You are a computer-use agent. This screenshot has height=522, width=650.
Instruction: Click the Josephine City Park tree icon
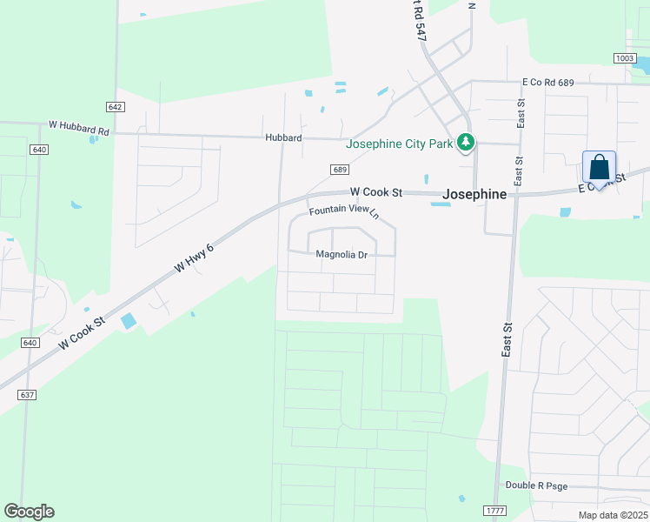pos(467,142)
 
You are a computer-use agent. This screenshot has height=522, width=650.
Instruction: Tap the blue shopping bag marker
pos(599,167)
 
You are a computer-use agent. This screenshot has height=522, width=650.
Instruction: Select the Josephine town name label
pos(474,195)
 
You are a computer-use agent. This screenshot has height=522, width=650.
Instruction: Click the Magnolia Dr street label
pos(342,255)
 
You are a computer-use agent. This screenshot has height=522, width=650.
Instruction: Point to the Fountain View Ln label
pos(345,211)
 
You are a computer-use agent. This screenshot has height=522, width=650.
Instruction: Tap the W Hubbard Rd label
pos(79,127)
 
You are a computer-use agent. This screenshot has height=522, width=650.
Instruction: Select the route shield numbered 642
pos(116,106)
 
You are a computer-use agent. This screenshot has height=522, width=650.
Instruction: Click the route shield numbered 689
pos(340,169)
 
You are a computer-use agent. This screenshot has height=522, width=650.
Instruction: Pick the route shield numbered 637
pos(27,395)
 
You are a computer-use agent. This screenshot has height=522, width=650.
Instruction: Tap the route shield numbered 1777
pos(494,510)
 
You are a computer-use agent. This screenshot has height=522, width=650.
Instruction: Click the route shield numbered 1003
pos(624,57)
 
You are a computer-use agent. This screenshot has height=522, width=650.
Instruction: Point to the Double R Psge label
pos(536,485)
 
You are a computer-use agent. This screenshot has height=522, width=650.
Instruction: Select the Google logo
pos(29,512)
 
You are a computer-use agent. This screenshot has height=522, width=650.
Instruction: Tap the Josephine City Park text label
pos(400,144)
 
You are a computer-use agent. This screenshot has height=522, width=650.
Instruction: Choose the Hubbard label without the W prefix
pos(284,137)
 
